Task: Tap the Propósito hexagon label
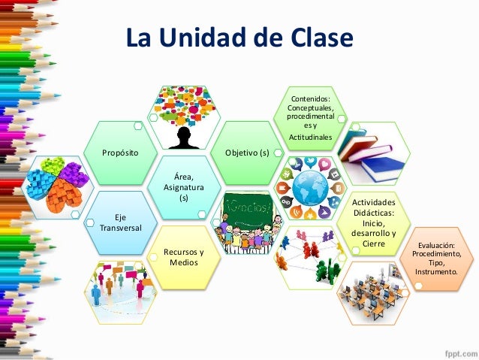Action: click(x=120, y=153)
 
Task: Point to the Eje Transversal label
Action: click(x=120, y=223)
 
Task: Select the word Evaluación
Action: click(x=443, y=244)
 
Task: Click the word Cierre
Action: click(x=373, y=243)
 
